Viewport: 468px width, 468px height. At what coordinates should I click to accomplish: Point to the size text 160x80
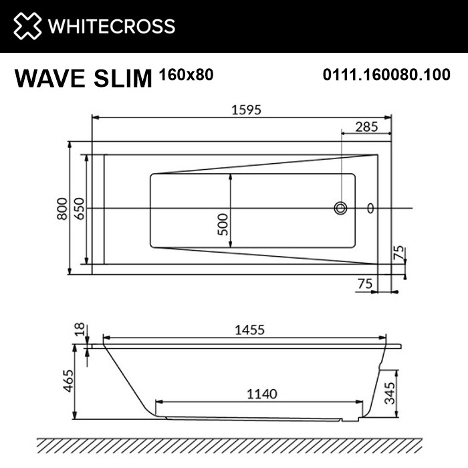point(187,75)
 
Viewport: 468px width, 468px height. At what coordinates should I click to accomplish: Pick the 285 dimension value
point(366,126)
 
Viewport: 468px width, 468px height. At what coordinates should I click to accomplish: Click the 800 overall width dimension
point(62,208)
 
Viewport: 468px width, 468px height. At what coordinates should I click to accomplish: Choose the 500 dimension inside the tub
point(223,221)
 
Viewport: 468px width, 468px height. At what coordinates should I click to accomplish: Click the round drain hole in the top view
point(341,209)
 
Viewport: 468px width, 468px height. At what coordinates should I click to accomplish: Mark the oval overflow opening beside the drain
point(372,209)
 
